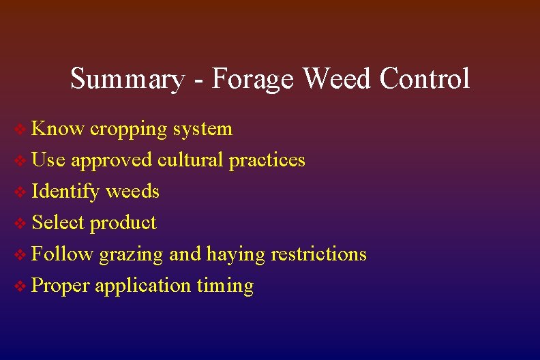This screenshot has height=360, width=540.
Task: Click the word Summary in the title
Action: (x=127, y=79)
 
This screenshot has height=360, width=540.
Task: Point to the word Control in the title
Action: (x=424, y=79)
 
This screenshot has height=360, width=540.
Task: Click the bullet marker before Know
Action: (x=21, y=130)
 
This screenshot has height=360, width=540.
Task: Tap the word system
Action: (x=202, y=130)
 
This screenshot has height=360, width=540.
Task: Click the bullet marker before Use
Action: (x=21, y=161)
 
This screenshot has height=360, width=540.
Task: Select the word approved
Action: (x=112, y=161)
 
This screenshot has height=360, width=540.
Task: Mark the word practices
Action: (x=267, y=160)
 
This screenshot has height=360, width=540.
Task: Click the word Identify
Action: (x=65, y=192)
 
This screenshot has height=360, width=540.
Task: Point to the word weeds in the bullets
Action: (x=132, y=191)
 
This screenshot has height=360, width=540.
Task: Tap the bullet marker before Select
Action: (x=21, y=224)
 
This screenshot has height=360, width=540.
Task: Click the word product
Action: (x=123, y=223)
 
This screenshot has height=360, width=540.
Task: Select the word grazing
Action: (x=131, y=255)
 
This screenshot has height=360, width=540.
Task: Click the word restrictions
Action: (x=318, y=254)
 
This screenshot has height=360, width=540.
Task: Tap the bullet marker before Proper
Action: (x=21, y=286)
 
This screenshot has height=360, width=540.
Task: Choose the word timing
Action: (x=225, y=286)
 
